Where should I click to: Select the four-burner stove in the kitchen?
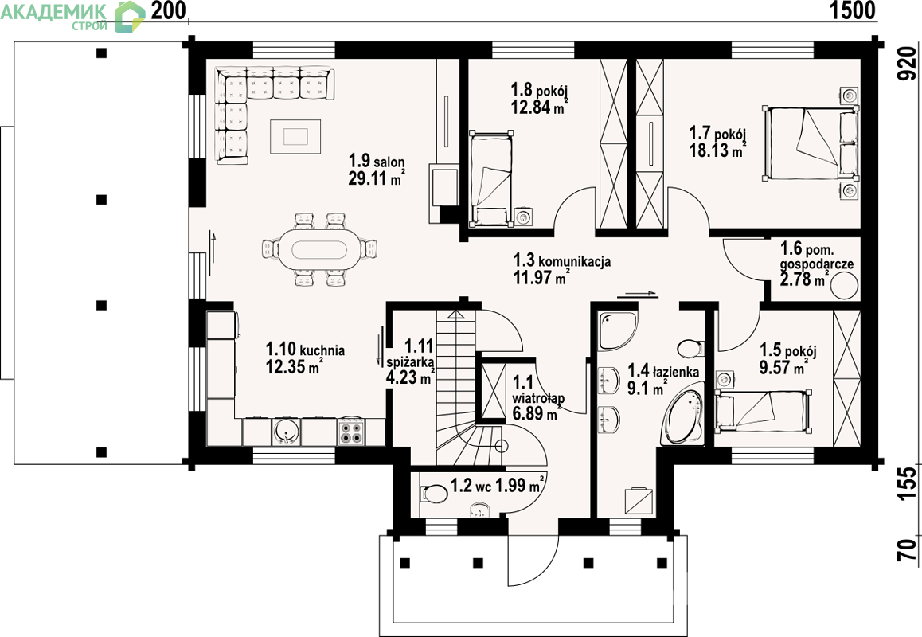pos(352,432)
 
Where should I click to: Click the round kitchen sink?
pos(287,432)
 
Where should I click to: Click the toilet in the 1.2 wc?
pos(434,492)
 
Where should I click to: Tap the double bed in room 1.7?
pos(811,143)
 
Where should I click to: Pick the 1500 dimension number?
pos(852,10)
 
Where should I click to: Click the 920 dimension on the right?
pos(908,64)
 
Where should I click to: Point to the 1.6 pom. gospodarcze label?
pos(817,256)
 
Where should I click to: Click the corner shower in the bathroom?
pos(617,330)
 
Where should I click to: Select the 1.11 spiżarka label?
pos(410,354)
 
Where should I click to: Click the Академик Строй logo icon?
pos(129,16)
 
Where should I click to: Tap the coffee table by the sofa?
pos(295,136)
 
